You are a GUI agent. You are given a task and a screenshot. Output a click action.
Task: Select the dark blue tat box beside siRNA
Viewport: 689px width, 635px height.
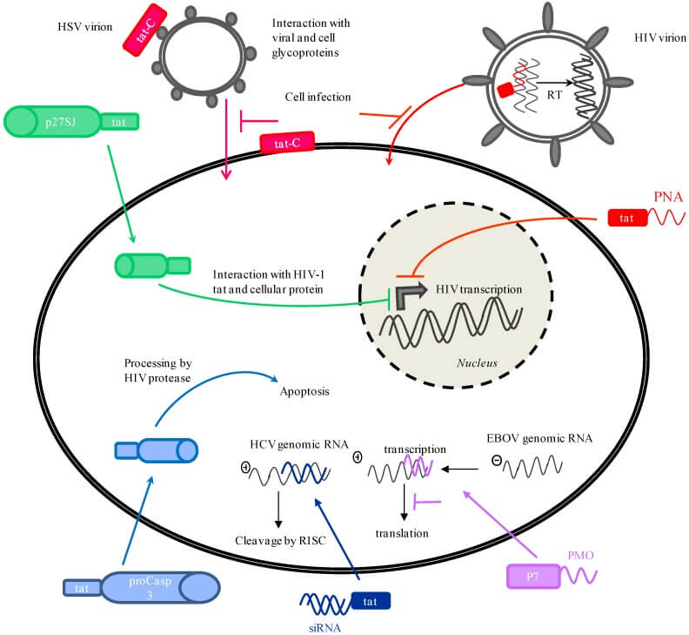pos(371,600)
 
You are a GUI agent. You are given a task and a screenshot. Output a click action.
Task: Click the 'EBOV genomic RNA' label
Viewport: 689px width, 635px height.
pos(539,439)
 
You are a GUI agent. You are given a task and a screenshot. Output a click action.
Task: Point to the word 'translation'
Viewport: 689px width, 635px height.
pos(404,532)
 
